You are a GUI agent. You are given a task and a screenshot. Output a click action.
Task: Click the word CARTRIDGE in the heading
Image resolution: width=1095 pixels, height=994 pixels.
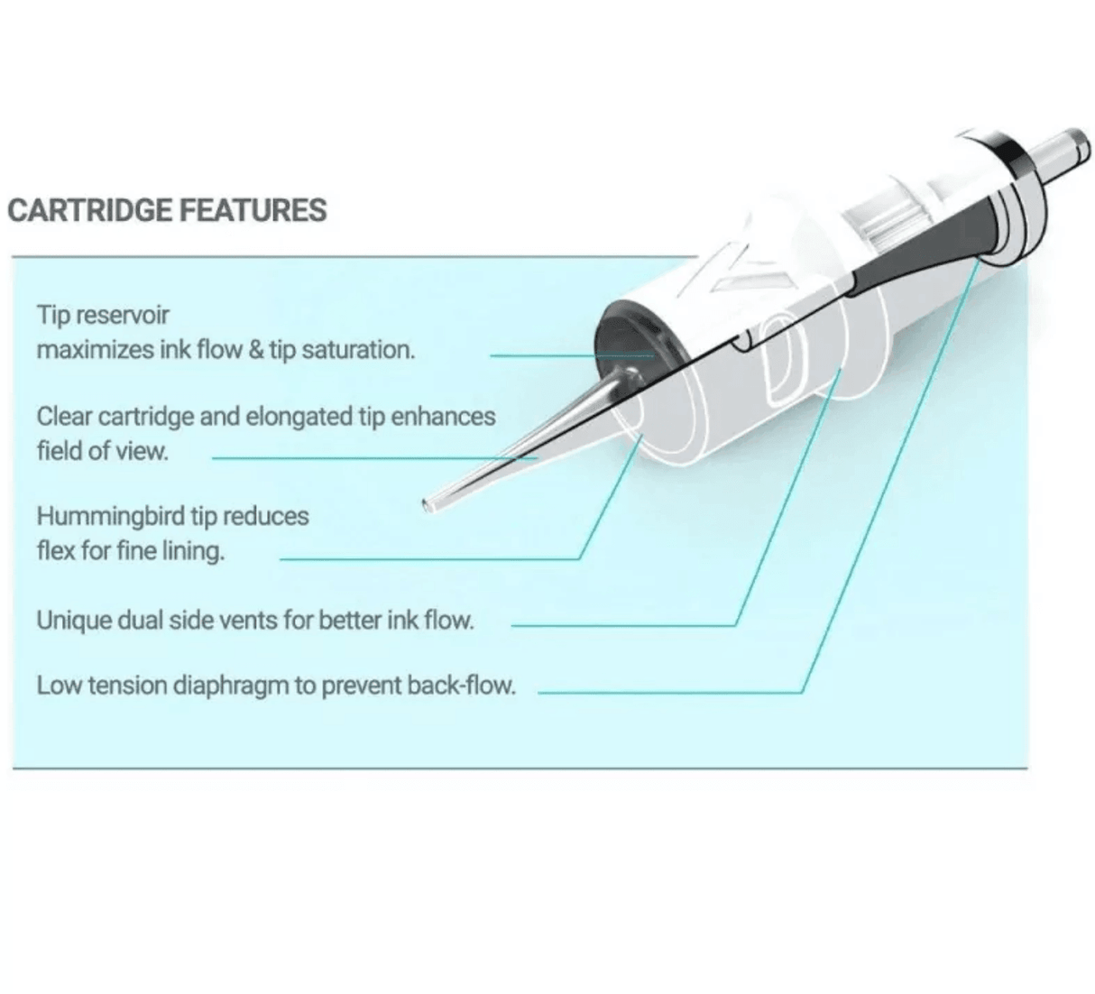[x=88, y=210]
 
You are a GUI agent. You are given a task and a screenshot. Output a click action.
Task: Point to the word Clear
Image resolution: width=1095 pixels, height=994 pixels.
[x=64, y=417]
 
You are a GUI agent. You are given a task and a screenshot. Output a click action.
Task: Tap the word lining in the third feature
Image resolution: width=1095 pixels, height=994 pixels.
[x=192, y=550]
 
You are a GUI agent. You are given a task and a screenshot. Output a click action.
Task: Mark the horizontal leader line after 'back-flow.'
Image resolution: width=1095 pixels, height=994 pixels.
[x=667, y=693]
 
